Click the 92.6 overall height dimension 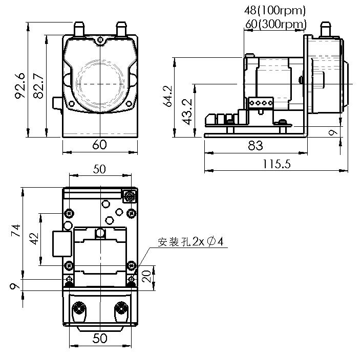click(x=19, y=85)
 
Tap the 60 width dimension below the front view click(x=100, y=145)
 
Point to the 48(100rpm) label click(x=274, y=10)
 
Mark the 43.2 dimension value click(x=187, y=111)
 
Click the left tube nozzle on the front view click(x=79, y=29)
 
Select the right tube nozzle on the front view click(x=121, y=29)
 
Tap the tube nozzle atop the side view click(x=325, y=29)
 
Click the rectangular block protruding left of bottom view click(x=60, y=243)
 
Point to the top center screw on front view click(x=100, y=40)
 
